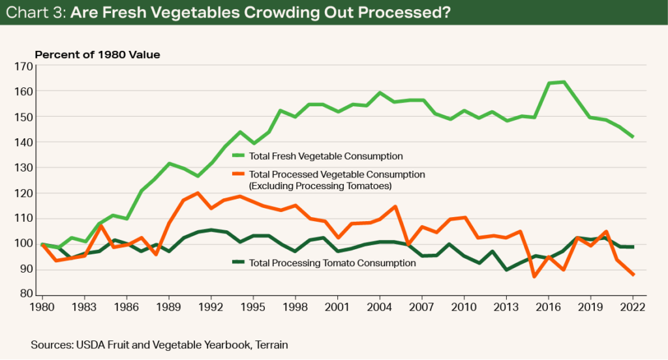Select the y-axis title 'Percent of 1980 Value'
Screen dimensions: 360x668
(x=97, y=55)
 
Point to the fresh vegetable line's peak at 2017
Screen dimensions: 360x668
(x=563, y=82)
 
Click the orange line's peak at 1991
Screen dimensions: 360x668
(x=197, y=193)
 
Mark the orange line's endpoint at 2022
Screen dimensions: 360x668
(x=633, y=275)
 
